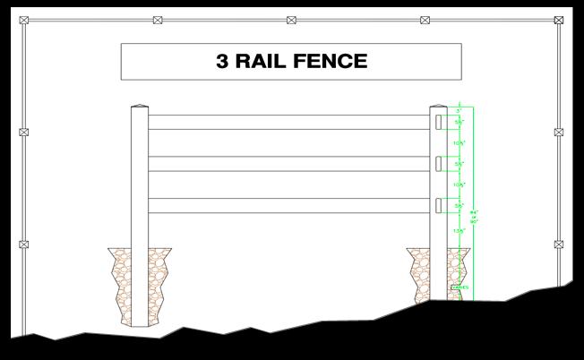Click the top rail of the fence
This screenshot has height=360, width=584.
[x=287, y=122]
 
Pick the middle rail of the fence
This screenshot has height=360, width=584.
[x=287, y=164]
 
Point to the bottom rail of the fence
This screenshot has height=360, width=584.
[x=287, y=205]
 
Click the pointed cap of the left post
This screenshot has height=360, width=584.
[x=139, y=107]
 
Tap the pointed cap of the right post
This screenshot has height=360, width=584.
[x=438, y=107]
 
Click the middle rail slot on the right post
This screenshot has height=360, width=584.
[x=438, y=164]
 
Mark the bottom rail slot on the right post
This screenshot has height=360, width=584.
[x=438, y=205]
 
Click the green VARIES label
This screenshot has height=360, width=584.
[x=459, y=287]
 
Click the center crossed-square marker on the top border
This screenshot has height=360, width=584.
[x=292, y=20]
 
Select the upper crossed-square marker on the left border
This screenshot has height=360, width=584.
[x=23, y=132]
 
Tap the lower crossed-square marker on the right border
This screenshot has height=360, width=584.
[x=559, y=244]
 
